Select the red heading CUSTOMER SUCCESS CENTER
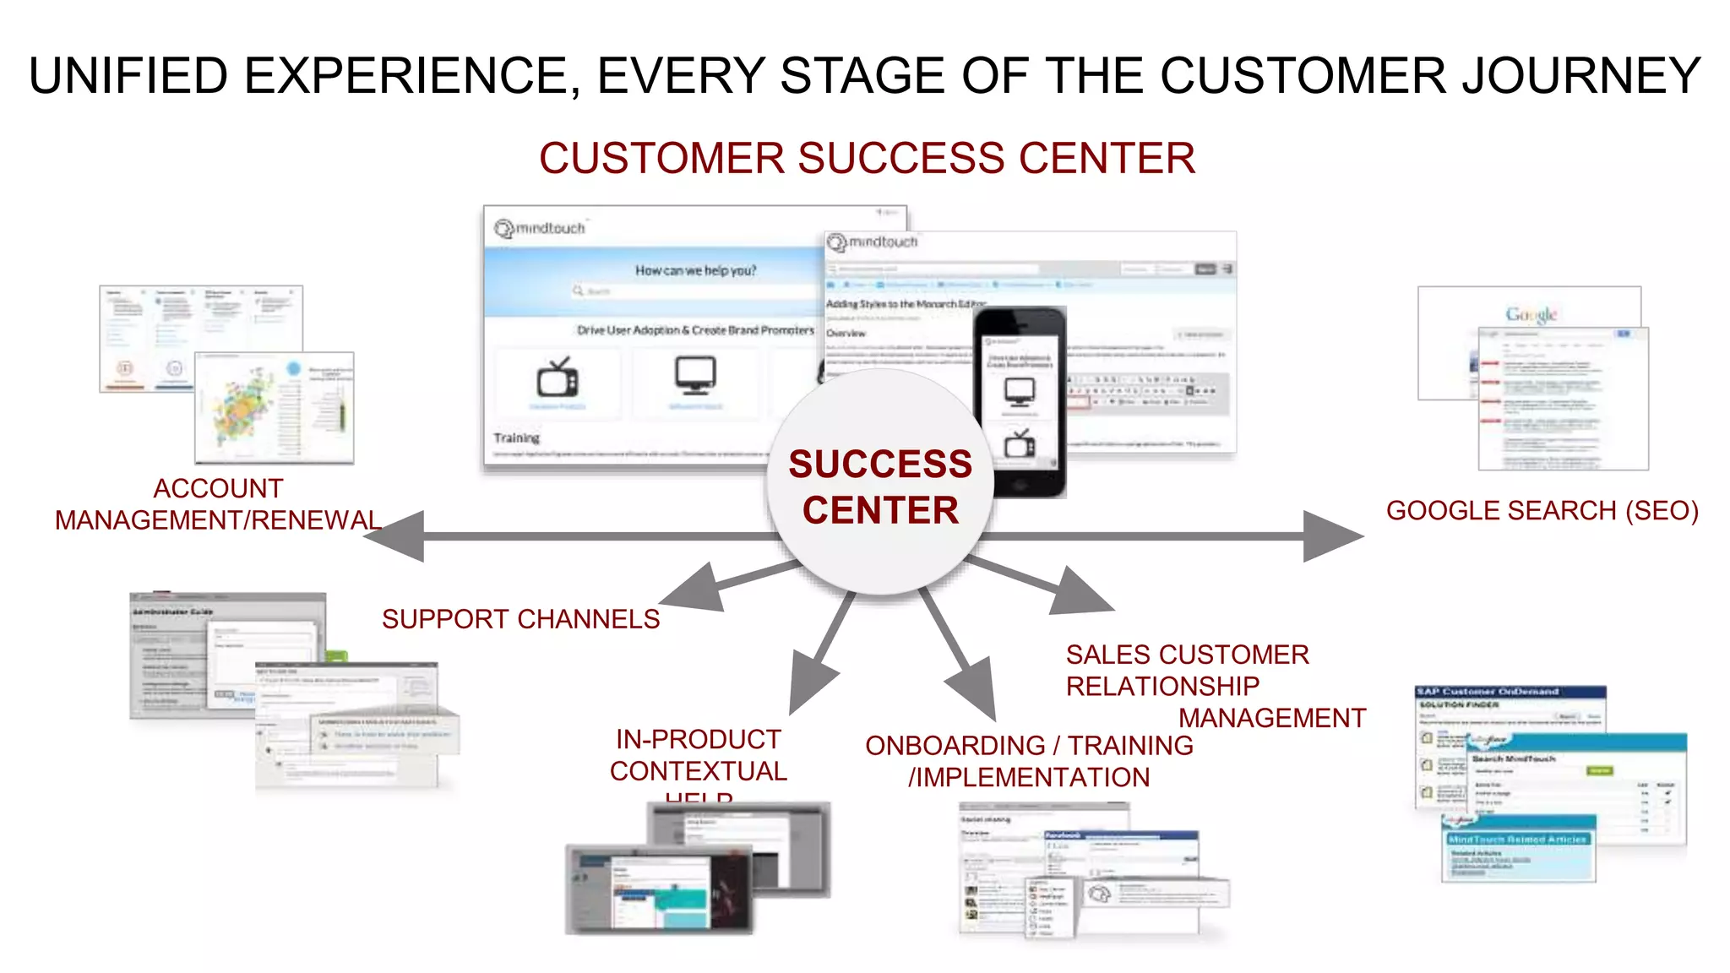coord(867,158)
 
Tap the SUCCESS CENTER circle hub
coord(879,486)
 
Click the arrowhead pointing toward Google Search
coord(1330,535)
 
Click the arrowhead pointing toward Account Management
coord(397,535)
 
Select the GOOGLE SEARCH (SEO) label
coord(1542,511)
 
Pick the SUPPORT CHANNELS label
coord(520,619)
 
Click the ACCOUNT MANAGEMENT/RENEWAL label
coord(218,504)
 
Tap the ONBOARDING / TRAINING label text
coord(1029,746)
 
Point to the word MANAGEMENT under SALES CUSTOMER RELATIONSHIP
coord(1271,718)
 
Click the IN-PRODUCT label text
coord(699,740)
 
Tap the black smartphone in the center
coord(1020,402)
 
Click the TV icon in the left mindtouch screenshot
coord(558,378)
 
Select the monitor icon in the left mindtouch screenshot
coord(695,374)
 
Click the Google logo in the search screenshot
coord(1531,315)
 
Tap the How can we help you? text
coord(695,270)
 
